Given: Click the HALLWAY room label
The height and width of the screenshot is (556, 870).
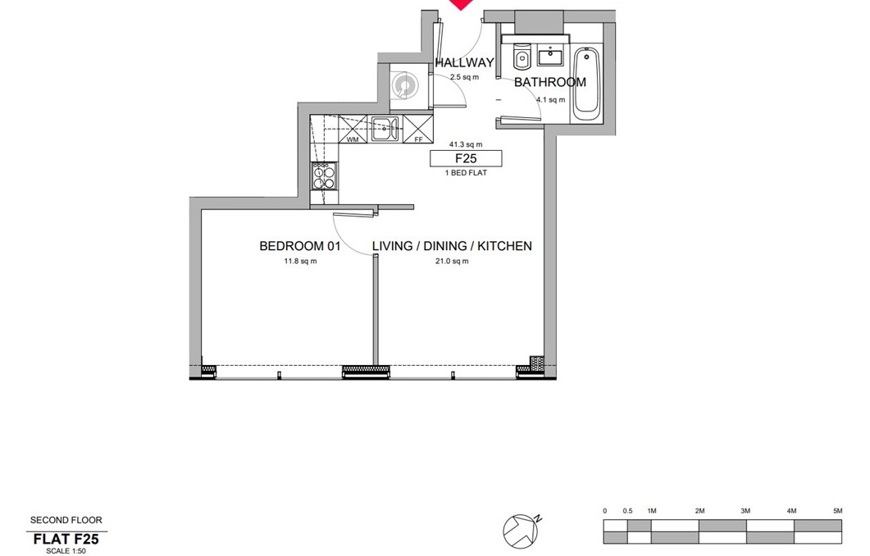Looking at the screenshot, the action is pyautogui.click(x=464, y=62).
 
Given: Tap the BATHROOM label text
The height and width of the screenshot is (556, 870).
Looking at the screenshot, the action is pyautogui.click(x=550, y=82).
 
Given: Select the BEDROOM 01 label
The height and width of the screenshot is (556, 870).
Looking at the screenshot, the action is pyautogui.click(x=299, y=246).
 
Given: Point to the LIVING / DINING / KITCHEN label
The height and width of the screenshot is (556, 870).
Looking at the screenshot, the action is pyautogui.click(x=452, y=246).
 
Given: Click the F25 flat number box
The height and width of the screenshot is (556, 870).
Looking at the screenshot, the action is pyautogui.click(x=466, y=159).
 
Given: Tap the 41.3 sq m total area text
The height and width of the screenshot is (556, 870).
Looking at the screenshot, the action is pyautogui.click(x=466, y=145).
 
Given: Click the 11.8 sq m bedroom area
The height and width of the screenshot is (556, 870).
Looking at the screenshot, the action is pyautogui.click(x=300, y=262).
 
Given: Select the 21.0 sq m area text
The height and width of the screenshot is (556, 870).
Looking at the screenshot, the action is pyautogui.click(x=452, y=262).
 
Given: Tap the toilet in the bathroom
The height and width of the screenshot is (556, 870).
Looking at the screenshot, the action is pyautogui.click(x=522, y=56).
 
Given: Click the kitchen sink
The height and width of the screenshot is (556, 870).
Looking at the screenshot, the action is pyautogui.click(x=385, y=130).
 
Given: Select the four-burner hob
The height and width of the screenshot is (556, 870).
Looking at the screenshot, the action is pyautogui.click(x=324, y=175).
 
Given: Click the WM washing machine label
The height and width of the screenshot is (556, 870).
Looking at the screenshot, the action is pyautogui.click(x=353, y=140).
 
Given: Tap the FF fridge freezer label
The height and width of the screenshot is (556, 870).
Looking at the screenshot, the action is pyautogui.click(x=419, y=140).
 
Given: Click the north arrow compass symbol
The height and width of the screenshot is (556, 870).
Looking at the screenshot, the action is pyautogui.click(x=522, y=530).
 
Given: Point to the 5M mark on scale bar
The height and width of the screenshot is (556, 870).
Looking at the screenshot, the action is pyautogui.click(x=837, y=511).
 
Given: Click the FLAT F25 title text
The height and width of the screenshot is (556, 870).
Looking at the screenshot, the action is pyautogui.click(x=66, y=539).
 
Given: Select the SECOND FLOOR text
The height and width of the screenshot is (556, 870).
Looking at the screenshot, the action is pyautogui.click(x=66, y=520).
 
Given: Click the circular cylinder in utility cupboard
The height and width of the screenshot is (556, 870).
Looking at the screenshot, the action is pyautogui.click(x=403, y=86).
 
